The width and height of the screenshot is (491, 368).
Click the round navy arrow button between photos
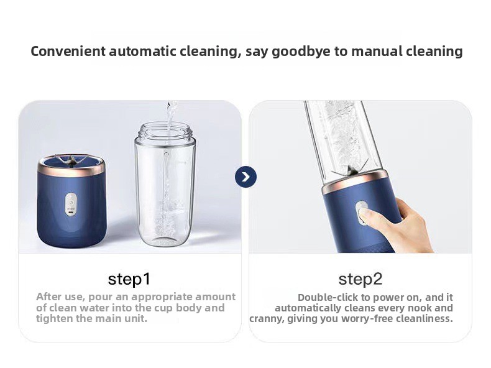[246, 177]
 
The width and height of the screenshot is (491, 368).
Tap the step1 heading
[129, 279]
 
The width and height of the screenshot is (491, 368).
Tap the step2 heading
[360, 279]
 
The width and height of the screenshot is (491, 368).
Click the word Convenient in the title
[68, 51]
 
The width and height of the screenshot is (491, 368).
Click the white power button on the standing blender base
[71, 204]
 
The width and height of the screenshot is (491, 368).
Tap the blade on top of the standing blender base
[70, 160]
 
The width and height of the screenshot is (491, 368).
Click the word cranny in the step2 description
[266, 319]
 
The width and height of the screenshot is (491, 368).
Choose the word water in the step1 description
[95, 308]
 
